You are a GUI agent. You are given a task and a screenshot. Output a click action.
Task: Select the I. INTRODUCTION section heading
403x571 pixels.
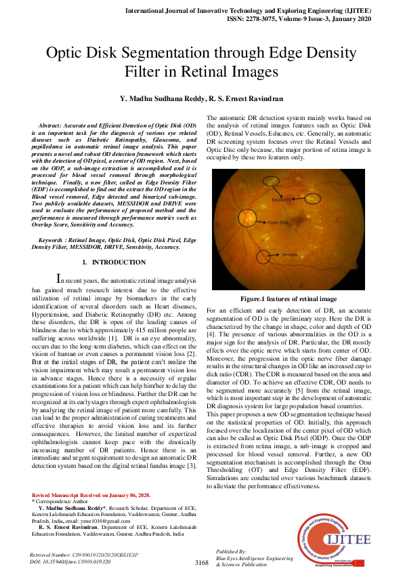pos(114,262)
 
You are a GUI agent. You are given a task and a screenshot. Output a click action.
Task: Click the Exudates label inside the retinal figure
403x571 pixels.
pos(281,200)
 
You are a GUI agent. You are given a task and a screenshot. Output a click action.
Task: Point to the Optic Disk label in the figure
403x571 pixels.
pos(278,222)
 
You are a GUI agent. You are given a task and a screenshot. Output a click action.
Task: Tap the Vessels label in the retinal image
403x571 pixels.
pos(290,255)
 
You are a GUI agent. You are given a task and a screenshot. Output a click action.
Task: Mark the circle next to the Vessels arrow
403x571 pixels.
pos(264,257)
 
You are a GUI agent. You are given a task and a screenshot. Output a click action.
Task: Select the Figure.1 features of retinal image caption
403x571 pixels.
pos(289,298)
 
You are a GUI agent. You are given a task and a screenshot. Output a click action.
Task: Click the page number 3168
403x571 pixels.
pos(201,563)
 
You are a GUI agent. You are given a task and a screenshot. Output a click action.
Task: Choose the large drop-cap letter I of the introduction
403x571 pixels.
pos(59,277)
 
